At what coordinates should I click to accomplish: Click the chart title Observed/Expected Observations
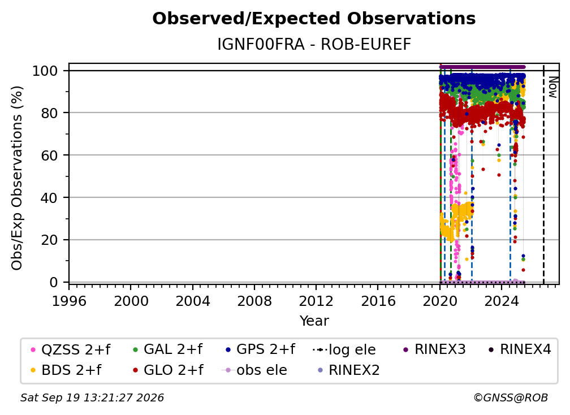314,19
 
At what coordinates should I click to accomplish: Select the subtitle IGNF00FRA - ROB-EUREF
314,45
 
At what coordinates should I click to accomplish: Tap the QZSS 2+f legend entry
71,349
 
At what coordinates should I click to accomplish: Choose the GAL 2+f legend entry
167,349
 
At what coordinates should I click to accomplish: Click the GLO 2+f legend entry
169,370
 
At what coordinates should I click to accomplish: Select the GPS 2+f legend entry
260,349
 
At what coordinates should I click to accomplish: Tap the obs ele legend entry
254,370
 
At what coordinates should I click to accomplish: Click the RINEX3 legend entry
434,349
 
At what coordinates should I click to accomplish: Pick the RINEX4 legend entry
520,349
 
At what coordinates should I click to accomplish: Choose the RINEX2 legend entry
348,370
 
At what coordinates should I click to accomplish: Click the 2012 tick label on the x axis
316,301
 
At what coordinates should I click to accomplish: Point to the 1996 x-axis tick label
69,301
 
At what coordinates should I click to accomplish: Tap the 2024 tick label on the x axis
501,301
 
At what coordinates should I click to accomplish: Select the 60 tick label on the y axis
49,155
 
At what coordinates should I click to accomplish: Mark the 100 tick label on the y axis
45,71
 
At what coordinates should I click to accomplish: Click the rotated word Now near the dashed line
552,87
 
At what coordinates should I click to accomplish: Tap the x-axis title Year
314,321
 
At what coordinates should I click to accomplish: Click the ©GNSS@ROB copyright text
511,398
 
